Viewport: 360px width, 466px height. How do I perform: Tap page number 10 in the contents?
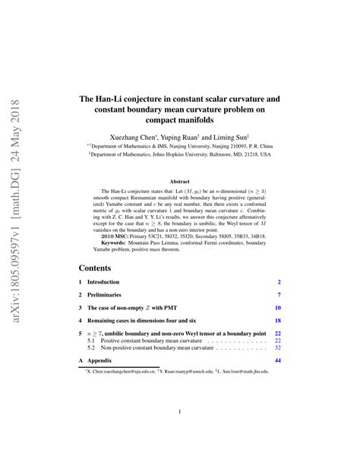[277, 308]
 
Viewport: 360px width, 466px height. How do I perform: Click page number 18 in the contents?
[277, 321]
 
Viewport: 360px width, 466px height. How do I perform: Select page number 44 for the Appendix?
[277, 360]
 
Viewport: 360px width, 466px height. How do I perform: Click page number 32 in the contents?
[277, 348]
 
